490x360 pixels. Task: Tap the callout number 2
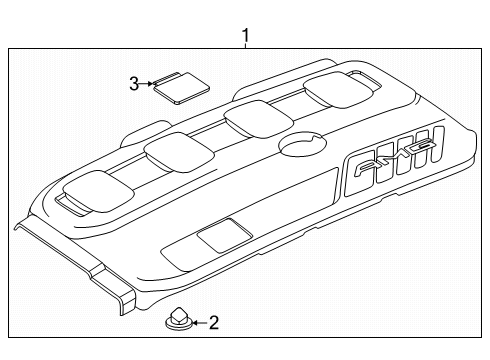click(214, 323)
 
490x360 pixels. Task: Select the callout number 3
click(134, 84)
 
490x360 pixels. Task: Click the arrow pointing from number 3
click(146, 84)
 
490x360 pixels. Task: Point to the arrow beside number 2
click(200, 323)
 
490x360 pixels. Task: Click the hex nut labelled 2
click(179, 318)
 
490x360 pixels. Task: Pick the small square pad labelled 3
click(181, 88)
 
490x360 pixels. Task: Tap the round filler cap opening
click(303, 144)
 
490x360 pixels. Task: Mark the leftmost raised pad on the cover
click(99, 191)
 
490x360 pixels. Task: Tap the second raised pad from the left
click(179, 152)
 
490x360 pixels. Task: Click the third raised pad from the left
click(259, 119)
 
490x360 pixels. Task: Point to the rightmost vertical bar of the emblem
click(438, 144)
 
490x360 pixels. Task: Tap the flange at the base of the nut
click(179, 323)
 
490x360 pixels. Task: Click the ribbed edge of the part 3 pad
click(164, 78)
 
